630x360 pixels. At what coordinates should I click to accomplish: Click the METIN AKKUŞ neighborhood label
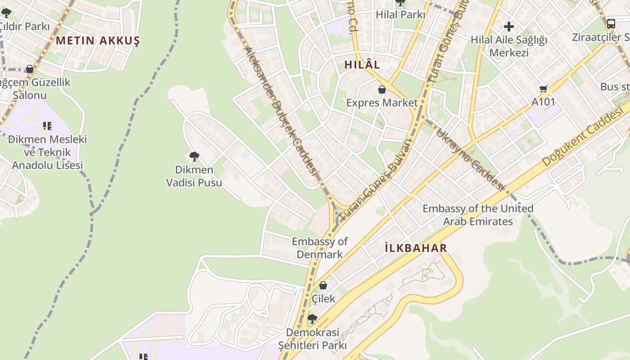click(98, 40)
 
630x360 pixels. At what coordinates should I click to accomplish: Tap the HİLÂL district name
click(362, 65)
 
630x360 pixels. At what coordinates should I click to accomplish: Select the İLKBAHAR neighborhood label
click(416, 248)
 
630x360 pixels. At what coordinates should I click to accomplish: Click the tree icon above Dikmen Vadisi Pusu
click(194, 157)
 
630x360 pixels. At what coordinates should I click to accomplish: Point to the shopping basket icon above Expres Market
click(382, 90)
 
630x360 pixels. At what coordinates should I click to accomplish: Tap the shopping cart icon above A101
click(544, 89)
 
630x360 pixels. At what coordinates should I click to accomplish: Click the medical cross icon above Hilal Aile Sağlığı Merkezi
click(509, 27)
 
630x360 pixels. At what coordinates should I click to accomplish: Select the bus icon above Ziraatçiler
click(611, 24)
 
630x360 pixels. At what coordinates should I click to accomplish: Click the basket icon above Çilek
click(323, 285)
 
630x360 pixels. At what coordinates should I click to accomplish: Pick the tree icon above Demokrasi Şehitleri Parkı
click(312, 319)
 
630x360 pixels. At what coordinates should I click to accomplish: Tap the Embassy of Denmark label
click(319, 248)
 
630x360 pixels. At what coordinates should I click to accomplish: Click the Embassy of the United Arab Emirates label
click(477, 215)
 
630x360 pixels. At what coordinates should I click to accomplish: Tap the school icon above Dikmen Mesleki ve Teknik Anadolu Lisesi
click(47, 126)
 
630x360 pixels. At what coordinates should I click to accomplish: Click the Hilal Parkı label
click(400, 14)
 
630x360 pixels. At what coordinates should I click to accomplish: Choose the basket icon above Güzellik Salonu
click(30, 69)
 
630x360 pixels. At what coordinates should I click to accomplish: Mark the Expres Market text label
click(382, 103)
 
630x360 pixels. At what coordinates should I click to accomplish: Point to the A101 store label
click(543, 102)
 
